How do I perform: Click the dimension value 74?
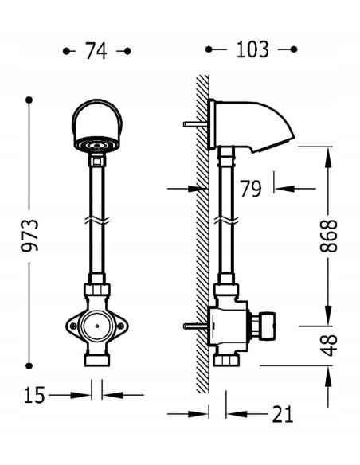tap(96, 51)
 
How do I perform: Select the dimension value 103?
tap(252, 49)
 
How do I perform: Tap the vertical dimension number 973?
tap(29, 236)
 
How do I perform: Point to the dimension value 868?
tap(329, 236)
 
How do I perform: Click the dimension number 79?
tap(251, 189)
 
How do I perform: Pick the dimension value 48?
tap(329, 346)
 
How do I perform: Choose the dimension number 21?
tap(283, 414)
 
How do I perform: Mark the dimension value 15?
tap(34, 395)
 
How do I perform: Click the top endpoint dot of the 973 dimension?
tap(29, 100)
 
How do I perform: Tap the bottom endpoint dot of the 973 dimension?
tap(29, 366)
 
